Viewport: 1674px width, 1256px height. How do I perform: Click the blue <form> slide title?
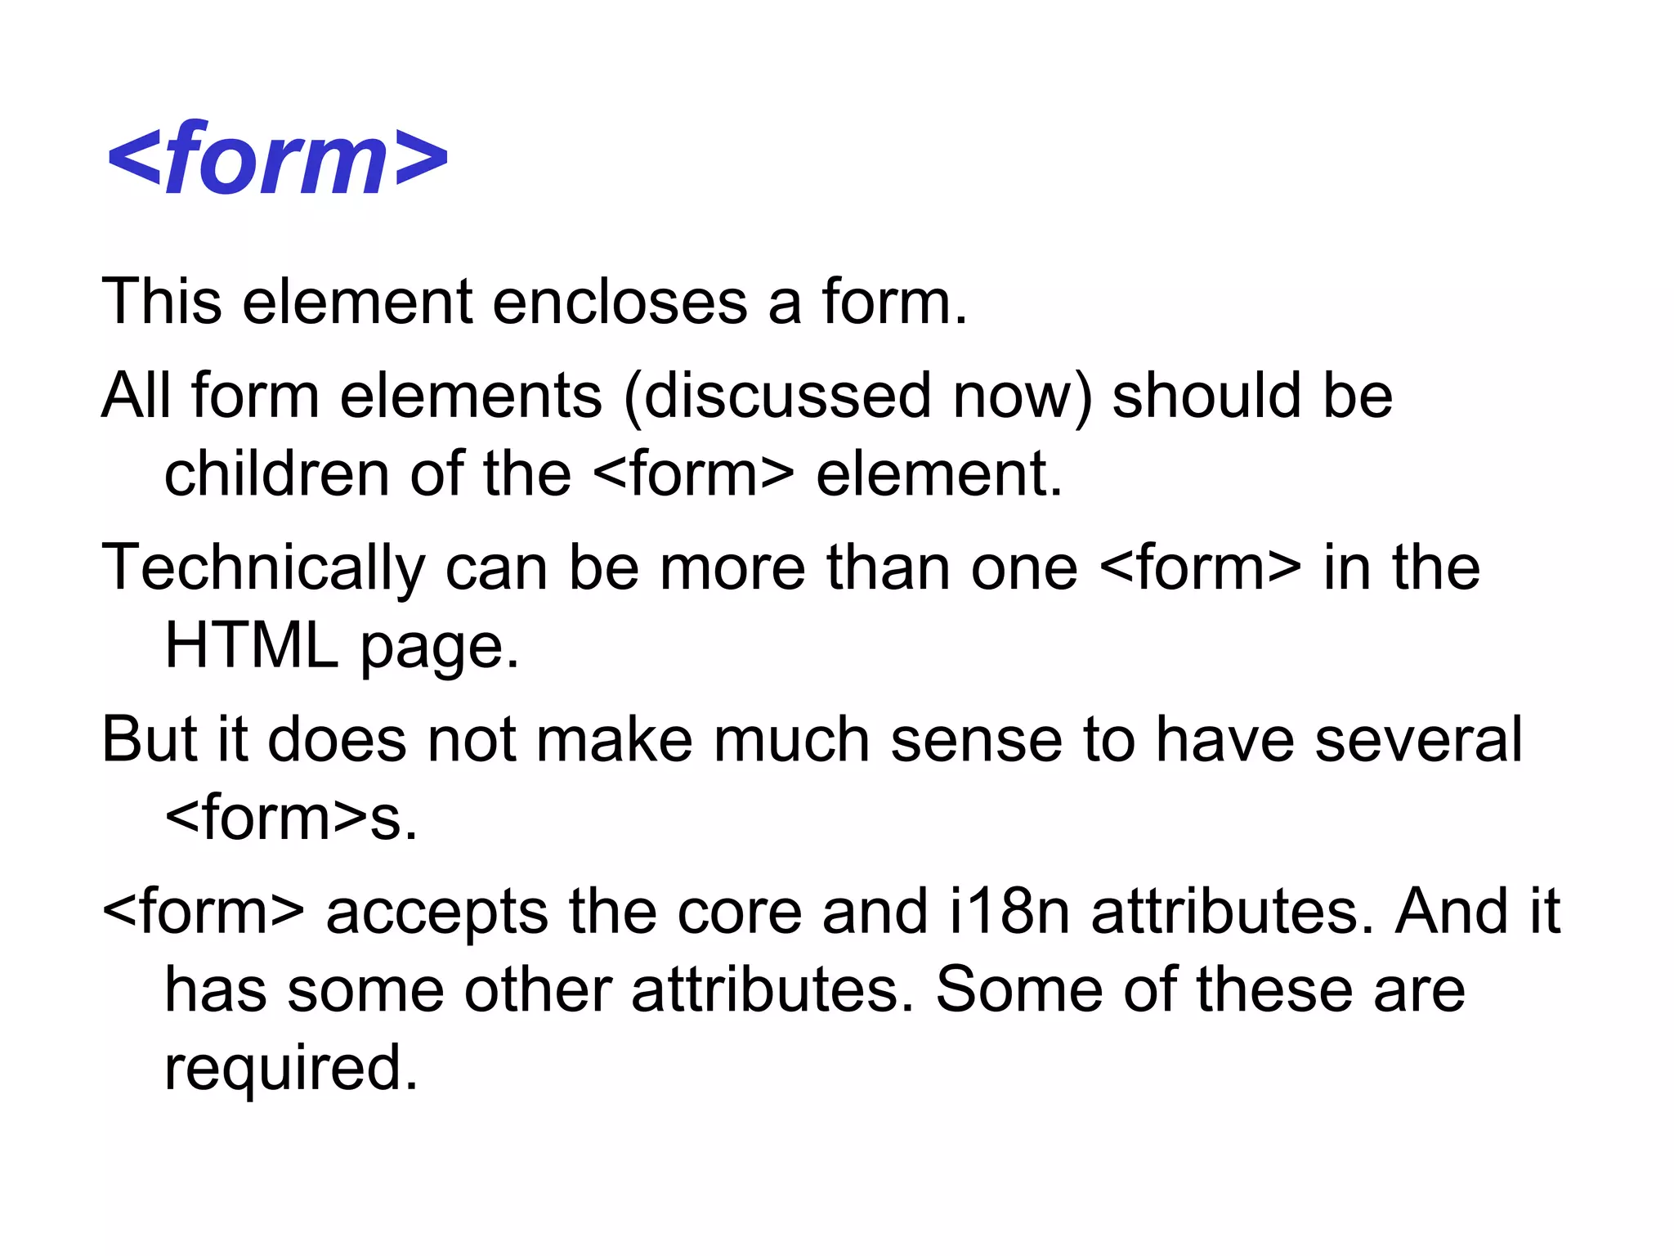pyautogui.click(x=278, y=159)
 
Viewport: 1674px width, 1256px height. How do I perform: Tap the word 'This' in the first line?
pyautogui.click(x=161, y=302)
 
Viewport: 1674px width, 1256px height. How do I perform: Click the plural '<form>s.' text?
pyautogui.click(x=291, y=818)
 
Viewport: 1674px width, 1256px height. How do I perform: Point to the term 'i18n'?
pyautogui.click(x=1009, y=912)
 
